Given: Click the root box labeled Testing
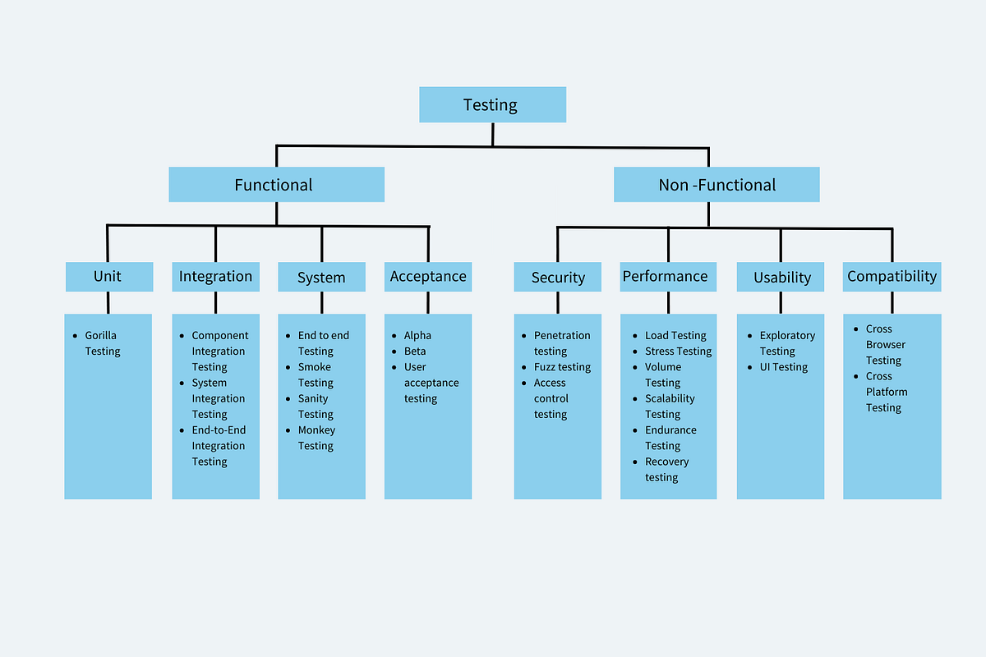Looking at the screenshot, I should [x=492, y=104].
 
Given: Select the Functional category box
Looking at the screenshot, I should [x=276, y=185].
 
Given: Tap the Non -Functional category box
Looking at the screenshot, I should [x=716, y=185].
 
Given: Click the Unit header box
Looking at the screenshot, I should [x=108, y=277].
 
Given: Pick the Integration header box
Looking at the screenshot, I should [x=215, y=277].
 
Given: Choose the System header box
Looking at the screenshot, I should [x=321, y=278].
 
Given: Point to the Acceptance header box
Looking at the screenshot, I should [x=428, y=277].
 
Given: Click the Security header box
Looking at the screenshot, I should [x=558, y=278].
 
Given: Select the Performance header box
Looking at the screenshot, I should [x=667, y=277].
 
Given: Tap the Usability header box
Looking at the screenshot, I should [x=781, y=278].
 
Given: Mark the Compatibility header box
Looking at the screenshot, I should [x=892, y=277].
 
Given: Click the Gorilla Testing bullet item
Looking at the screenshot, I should [x=102, y=343].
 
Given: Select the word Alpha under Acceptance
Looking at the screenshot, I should [x=417, y=335].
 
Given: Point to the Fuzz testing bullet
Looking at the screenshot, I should [x=562, y=367].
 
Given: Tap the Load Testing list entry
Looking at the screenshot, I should [x=675, y=335].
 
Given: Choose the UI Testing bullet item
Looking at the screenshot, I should [x=783, y=367].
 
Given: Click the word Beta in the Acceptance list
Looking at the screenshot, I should [x=415, y=351].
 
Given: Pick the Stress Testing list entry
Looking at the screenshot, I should [x=678, y=351].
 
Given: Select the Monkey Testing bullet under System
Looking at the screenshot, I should [x=316, y=438].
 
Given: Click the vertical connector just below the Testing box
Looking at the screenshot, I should [x=492, y=134].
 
